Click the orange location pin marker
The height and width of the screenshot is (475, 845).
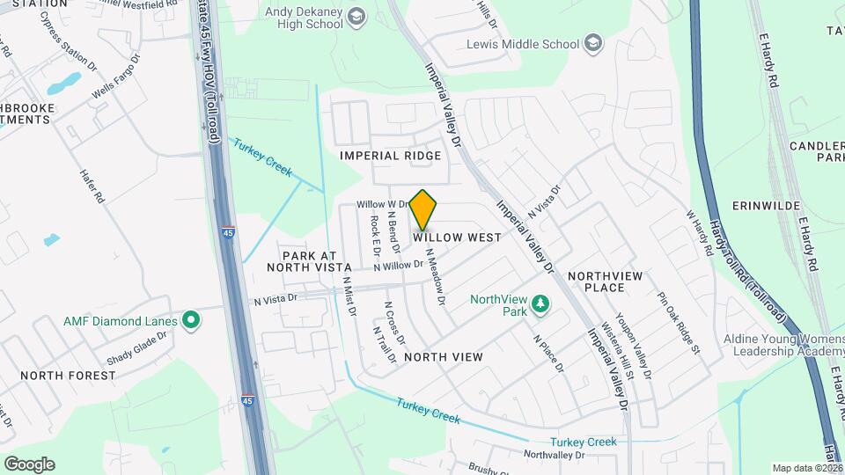tap(423, 209)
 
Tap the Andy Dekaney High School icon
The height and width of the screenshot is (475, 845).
tap(356, 16)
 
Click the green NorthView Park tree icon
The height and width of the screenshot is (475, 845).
tap(541, 305)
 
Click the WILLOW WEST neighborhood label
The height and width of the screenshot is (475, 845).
tap(458, 237)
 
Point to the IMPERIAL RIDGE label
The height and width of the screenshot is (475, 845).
tap(391, 156)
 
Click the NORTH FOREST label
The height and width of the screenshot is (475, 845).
tap(68, 376)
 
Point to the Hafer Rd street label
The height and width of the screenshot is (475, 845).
tap(92, 186)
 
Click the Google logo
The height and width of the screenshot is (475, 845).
tap(29, 464)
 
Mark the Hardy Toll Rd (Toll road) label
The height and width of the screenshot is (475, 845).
tap(745, 265)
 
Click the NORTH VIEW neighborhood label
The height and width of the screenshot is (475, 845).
tap(444, 357)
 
